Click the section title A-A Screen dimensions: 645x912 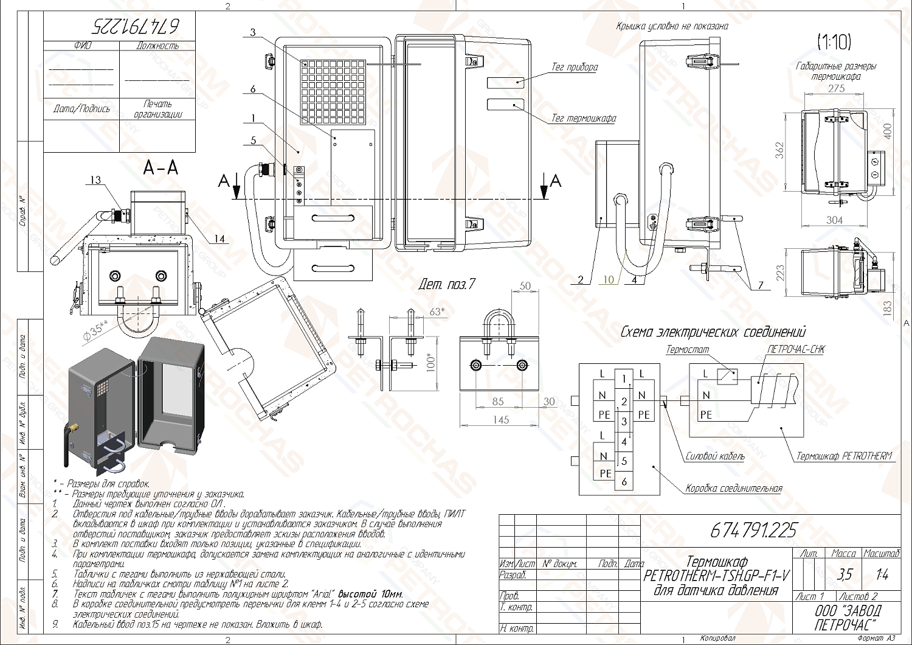[161, 167]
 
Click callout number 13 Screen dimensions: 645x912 [96, 180]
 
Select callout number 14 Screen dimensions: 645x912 [219, 239]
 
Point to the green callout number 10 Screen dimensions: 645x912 [609, 280]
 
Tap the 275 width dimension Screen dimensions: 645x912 [836, 88]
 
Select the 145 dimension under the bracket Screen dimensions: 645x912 [502, 419]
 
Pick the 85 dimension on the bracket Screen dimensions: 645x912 [498, 402]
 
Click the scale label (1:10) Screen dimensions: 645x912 [834, 42]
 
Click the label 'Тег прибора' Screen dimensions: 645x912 [575, 67]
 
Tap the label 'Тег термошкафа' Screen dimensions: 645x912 [583, 118]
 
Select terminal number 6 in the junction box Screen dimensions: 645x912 [624, 482]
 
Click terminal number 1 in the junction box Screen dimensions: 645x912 [624, 379]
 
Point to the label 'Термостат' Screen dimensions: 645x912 [687, 350]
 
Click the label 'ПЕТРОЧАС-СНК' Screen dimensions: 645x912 [796, 350]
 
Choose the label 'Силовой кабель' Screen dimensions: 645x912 [714, 456]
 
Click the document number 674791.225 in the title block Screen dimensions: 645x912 [753, 531]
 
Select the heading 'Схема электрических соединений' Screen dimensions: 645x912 [713, 332]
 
